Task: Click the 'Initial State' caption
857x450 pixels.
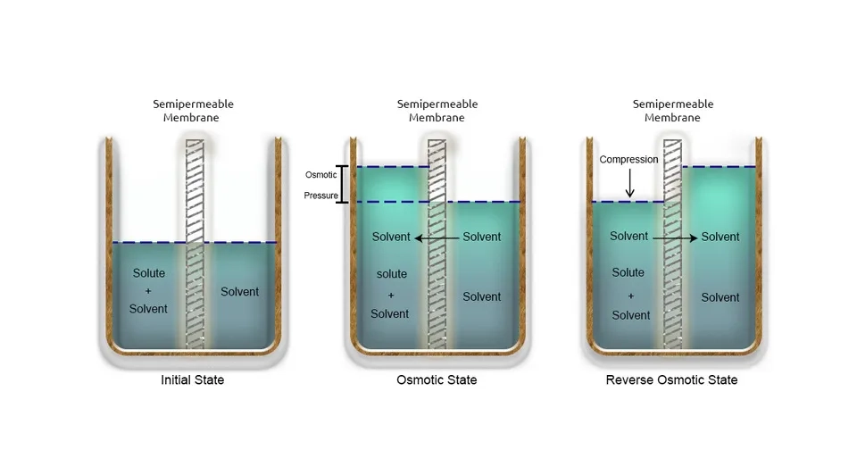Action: [192, 380]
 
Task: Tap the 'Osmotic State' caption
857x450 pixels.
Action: [437, 380]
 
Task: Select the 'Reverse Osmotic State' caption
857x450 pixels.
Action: [671, 380]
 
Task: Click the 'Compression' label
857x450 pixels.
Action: [628, 160]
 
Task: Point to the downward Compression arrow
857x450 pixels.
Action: [629, 184]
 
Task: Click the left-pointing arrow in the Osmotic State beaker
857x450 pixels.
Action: [437, 237]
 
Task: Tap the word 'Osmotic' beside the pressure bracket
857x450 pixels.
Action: [321, 175]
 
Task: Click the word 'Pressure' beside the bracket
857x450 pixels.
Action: [321, 194]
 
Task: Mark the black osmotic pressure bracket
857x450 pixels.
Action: [342, 184]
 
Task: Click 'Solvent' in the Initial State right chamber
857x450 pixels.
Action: [240, 292]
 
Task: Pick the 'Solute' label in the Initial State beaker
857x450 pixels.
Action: [149, 273]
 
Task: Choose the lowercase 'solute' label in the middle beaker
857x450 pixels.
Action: [391, 274]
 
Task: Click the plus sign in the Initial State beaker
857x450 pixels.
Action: [149, 291]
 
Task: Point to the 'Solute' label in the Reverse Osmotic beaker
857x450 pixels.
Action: [628, 272]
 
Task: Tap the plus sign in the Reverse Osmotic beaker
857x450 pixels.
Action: [630, 295]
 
